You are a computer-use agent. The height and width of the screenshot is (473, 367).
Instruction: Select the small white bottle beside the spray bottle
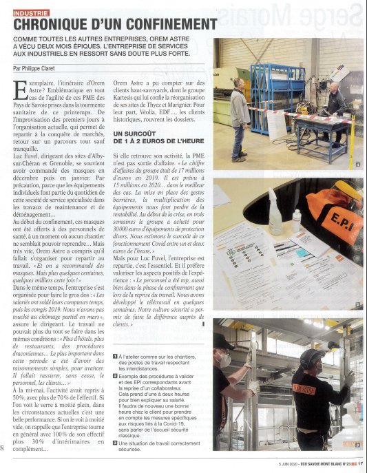(x=296, y=222)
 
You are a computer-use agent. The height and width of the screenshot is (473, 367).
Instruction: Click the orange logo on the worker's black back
(x=304, y=390)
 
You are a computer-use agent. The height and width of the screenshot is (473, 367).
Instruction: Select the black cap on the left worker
(x=223, y=342)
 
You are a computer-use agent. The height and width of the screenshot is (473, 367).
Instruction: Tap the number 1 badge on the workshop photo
(x=357, y=165)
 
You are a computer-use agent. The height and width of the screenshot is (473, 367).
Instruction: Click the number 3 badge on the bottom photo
(x=357, y=445)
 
